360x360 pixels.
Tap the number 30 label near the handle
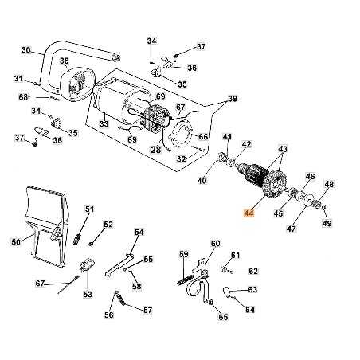point(25,50)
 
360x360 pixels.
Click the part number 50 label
point(15,241)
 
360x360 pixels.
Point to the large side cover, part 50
point(48,223)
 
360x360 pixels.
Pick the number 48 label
point(329,184)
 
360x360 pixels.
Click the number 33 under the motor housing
point(103,124)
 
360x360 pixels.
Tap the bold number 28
point(156,149)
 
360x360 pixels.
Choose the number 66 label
point(203,137)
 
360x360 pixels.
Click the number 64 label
point(249,310)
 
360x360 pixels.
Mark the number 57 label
point(147,310)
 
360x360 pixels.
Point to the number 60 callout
point(215,244)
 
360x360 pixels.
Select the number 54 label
point(139,233)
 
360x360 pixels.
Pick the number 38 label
point(65,61)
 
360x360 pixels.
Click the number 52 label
point(108,225)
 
